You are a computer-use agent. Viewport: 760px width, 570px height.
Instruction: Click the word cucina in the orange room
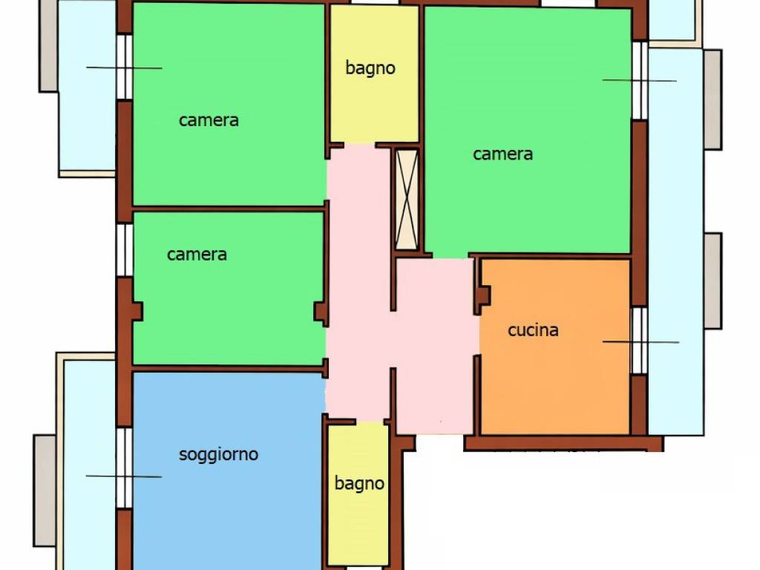coord(533,330)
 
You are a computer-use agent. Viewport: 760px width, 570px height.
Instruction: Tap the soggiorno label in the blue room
coord(219,455)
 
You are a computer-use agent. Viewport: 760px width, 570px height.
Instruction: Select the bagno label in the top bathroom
coord(370,68)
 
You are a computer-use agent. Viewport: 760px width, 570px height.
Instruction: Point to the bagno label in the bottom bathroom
coord(359,483)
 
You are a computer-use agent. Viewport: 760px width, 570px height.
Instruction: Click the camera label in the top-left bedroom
coord(209,120)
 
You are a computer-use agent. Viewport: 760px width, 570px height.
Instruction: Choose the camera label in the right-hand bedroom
coord(502,154)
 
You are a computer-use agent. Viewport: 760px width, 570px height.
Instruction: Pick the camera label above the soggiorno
coord(197,255)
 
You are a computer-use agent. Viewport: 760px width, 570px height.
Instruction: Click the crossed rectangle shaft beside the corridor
coord(407,200)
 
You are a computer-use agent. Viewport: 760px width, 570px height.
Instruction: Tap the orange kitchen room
coord(555,347)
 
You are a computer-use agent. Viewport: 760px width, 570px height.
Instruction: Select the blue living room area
coord(228,470)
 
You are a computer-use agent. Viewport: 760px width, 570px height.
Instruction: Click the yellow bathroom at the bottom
coord(358,494)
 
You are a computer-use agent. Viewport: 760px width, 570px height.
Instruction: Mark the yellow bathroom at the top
coord(374,73)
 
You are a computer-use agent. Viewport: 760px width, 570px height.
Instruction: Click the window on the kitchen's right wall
coord(639,340)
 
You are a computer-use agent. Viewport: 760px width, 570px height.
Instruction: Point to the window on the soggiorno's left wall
coord(125,468)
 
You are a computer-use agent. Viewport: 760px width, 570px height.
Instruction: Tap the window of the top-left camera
coord(125,67)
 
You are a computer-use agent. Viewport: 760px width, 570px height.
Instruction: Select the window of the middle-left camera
coord(125,250)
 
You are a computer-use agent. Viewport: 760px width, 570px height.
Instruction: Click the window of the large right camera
coord(640,80)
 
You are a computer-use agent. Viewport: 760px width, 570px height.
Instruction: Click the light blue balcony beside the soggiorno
coord(90,465)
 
